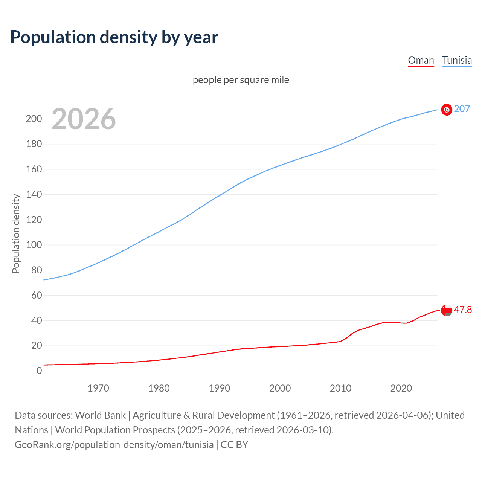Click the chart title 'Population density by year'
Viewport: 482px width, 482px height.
(114, 37)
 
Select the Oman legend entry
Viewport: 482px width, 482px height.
(421, 60)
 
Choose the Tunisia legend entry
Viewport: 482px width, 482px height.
(457, 60)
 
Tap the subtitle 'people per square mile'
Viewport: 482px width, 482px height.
(241, 80)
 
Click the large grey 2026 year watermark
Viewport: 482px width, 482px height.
(84, 119)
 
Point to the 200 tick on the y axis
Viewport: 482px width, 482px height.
(34, 119)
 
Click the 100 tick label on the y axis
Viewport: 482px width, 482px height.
(34, 245)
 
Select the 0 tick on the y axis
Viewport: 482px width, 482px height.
(39, 371)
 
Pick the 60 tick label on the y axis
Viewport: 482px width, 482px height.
(36, 295)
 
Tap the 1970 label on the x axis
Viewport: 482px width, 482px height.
(98, 388)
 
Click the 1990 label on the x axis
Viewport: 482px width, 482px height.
(220, 388)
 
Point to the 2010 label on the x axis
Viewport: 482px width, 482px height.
(340, 388)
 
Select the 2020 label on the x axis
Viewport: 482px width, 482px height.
(401, 388)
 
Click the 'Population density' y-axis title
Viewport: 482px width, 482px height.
(16, 233)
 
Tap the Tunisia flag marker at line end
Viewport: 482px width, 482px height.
(447, 110)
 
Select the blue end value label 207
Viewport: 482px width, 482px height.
(462, 109)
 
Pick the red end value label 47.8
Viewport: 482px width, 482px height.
(463, 310)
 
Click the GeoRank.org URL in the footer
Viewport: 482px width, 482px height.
(114, 445)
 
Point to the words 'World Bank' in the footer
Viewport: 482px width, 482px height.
(100, 415)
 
